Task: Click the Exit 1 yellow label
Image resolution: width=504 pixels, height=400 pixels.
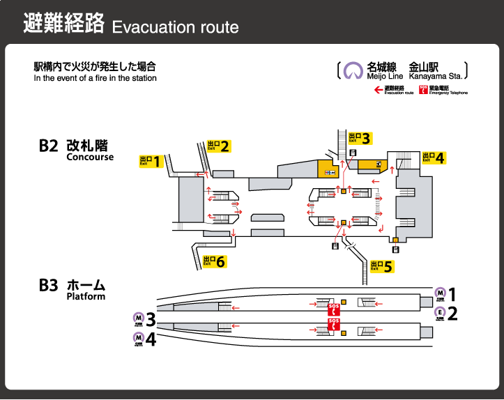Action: (x=151, y=162)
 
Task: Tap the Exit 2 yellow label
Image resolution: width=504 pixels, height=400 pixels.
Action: (x=218, y=146)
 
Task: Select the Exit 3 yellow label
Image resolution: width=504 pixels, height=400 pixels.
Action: (x=359, y=137)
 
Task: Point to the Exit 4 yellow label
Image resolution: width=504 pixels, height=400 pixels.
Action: (x=433, y=157)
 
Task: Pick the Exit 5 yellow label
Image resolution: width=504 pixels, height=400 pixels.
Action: (x=382, y=266)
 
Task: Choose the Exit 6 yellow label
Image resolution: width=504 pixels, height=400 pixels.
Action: (x=214, y=261)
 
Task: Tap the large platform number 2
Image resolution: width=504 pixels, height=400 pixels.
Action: (x=452, y=313)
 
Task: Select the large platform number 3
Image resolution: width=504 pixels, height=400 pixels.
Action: (x=151, y=321)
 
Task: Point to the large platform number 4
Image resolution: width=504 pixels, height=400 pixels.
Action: (x=151, y=339)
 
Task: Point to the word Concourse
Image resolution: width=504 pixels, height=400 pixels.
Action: (x=90, y=157)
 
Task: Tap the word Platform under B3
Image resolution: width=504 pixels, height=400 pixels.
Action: (x=86, y=296)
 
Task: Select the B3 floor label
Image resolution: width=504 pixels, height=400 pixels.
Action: (x=48, y=285)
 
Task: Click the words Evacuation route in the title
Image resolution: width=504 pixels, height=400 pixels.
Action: (x=175, y=27)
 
